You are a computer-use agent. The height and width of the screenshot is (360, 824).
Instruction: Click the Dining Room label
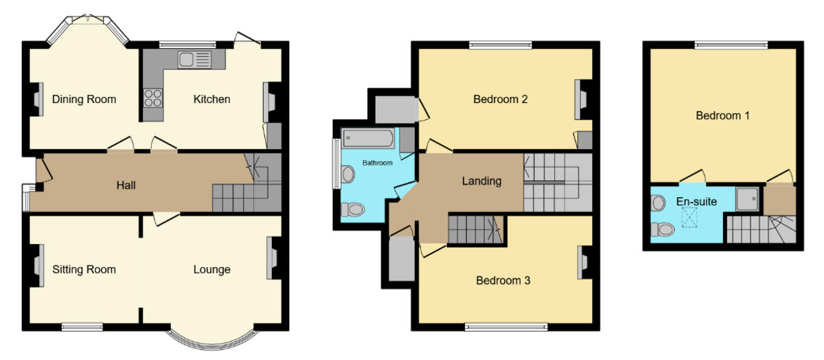[84, 100]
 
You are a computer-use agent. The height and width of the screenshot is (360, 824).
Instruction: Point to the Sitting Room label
[84, 269]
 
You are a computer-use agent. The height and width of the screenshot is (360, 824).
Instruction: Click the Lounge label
[211, 269]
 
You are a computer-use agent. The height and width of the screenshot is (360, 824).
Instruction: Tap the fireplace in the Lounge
[274, 258]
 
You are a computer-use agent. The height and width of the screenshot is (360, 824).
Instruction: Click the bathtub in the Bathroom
[369, 139]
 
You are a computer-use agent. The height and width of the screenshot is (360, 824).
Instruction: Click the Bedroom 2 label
[501, 100]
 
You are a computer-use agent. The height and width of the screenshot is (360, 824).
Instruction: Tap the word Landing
[481, 182]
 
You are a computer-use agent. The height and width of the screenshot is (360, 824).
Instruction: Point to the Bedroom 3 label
[503, 280]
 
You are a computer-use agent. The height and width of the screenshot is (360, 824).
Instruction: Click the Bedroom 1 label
[722, 116]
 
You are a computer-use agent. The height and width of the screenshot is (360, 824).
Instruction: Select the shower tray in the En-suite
[747, 199]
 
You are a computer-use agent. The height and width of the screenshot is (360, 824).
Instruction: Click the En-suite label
[696, 202]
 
